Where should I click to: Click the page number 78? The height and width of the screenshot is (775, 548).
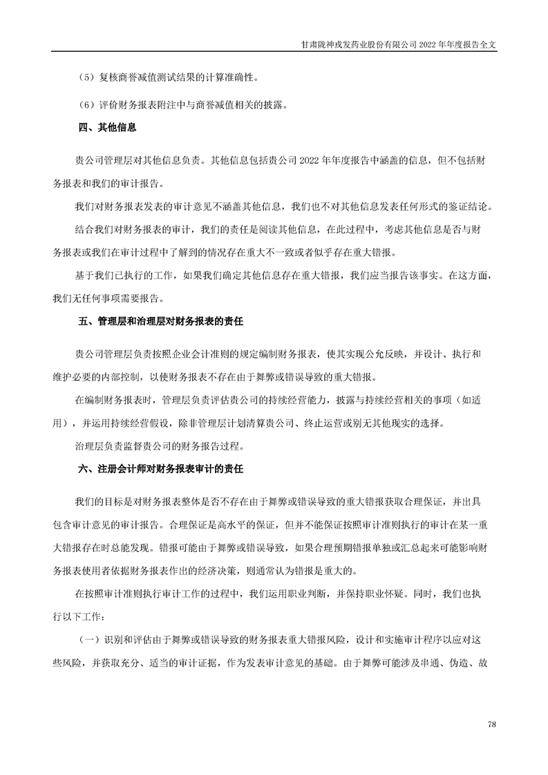(492, 723)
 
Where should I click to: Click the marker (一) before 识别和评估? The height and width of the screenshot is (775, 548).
(89, 640)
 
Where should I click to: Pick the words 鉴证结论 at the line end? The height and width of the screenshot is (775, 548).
(474, 207)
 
